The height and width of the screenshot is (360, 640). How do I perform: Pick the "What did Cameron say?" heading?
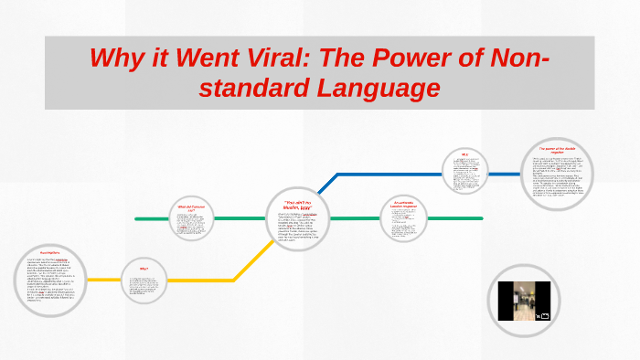coord(191,208)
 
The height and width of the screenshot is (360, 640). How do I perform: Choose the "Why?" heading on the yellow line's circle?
coord(144,269)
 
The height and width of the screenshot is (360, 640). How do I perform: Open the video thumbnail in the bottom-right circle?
coord(521,301)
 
